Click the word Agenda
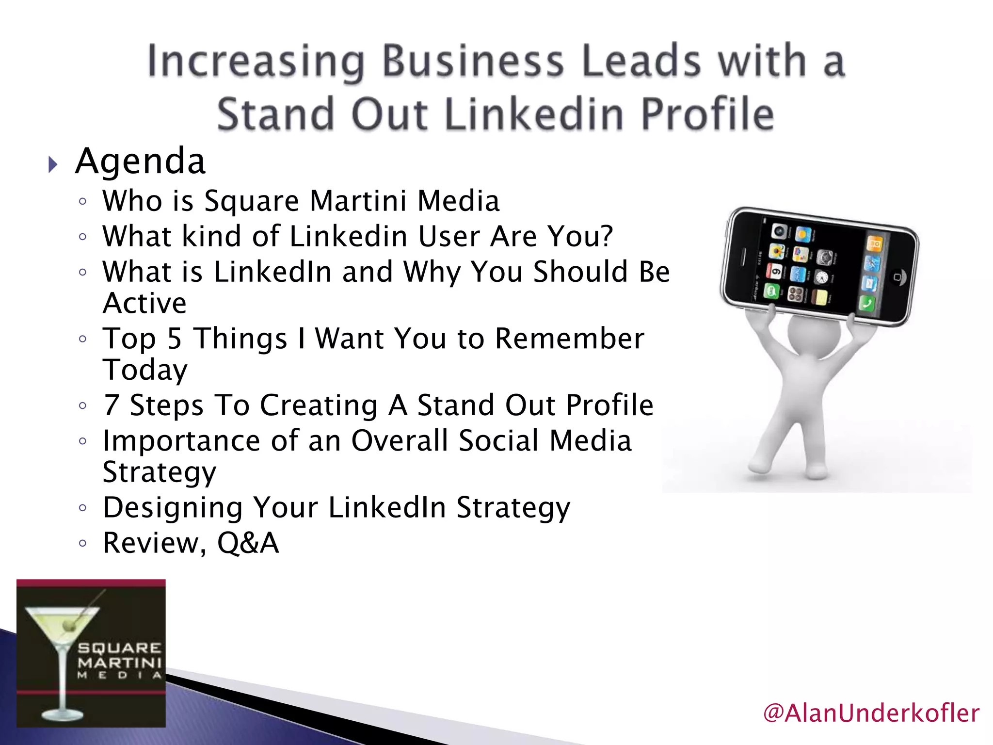pos(141,162)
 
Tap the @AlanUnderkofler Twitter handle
pos(871,713)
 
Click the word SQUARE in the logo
pos(119,648)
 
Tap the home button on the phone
pos(897,277)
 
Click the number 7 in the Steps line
pos(111,405)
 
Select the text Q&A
pos(248,543)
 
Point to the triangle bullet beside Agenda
pos(53,165)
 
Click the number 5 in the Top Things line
pos(174,339)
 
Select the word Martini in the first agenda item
pos(358,201)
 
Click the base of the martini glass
pos(62,714)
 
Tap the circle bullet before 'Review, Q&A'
pos(83,543)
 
